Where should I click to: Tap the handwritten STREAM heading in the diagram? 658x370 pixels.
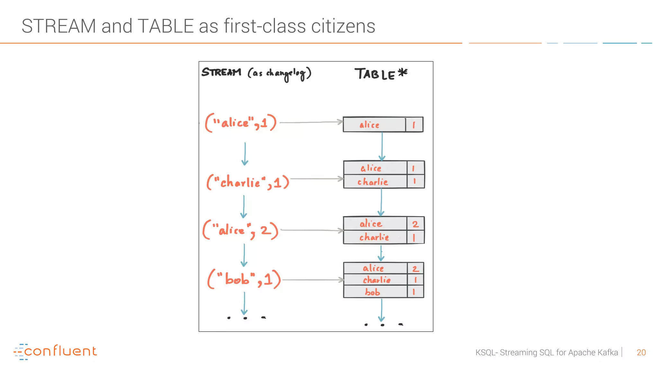pos(221,72)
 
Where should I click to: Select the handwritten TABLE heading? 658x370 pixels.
pos(375,74)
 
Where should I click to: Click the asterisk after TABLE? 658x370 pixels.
pos(403,72)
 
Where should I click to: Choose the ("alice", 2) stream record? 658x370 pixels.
pos(240,230)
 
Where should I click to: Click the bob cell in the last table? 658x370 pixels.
pos(373,292)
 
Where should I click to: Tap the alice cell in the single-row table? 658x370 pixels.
pos(369,125)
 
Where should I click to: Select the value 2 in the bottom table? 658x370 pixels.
pos(415,269)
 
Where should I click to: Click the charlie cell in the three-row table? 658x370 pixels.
pos(377,280)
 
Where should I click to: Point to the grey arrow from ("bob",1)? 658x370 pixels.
pos(313,280)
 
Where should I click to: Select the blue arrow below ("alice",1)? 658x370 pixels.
pos(245,154)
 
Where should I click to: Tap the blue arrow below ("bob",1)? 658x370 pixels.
pos(245,303)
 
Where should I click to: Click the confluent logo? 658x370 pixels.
pos(55,352)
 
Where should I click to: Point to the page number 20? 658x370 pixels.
pos(641,352)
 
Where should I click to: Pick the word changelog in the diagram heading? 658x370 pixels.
pos(285,74)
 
